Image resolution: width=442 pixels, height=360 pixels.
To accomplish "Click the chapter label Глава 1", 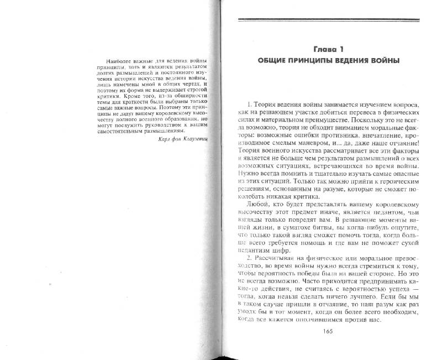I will tap(331, 48).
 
